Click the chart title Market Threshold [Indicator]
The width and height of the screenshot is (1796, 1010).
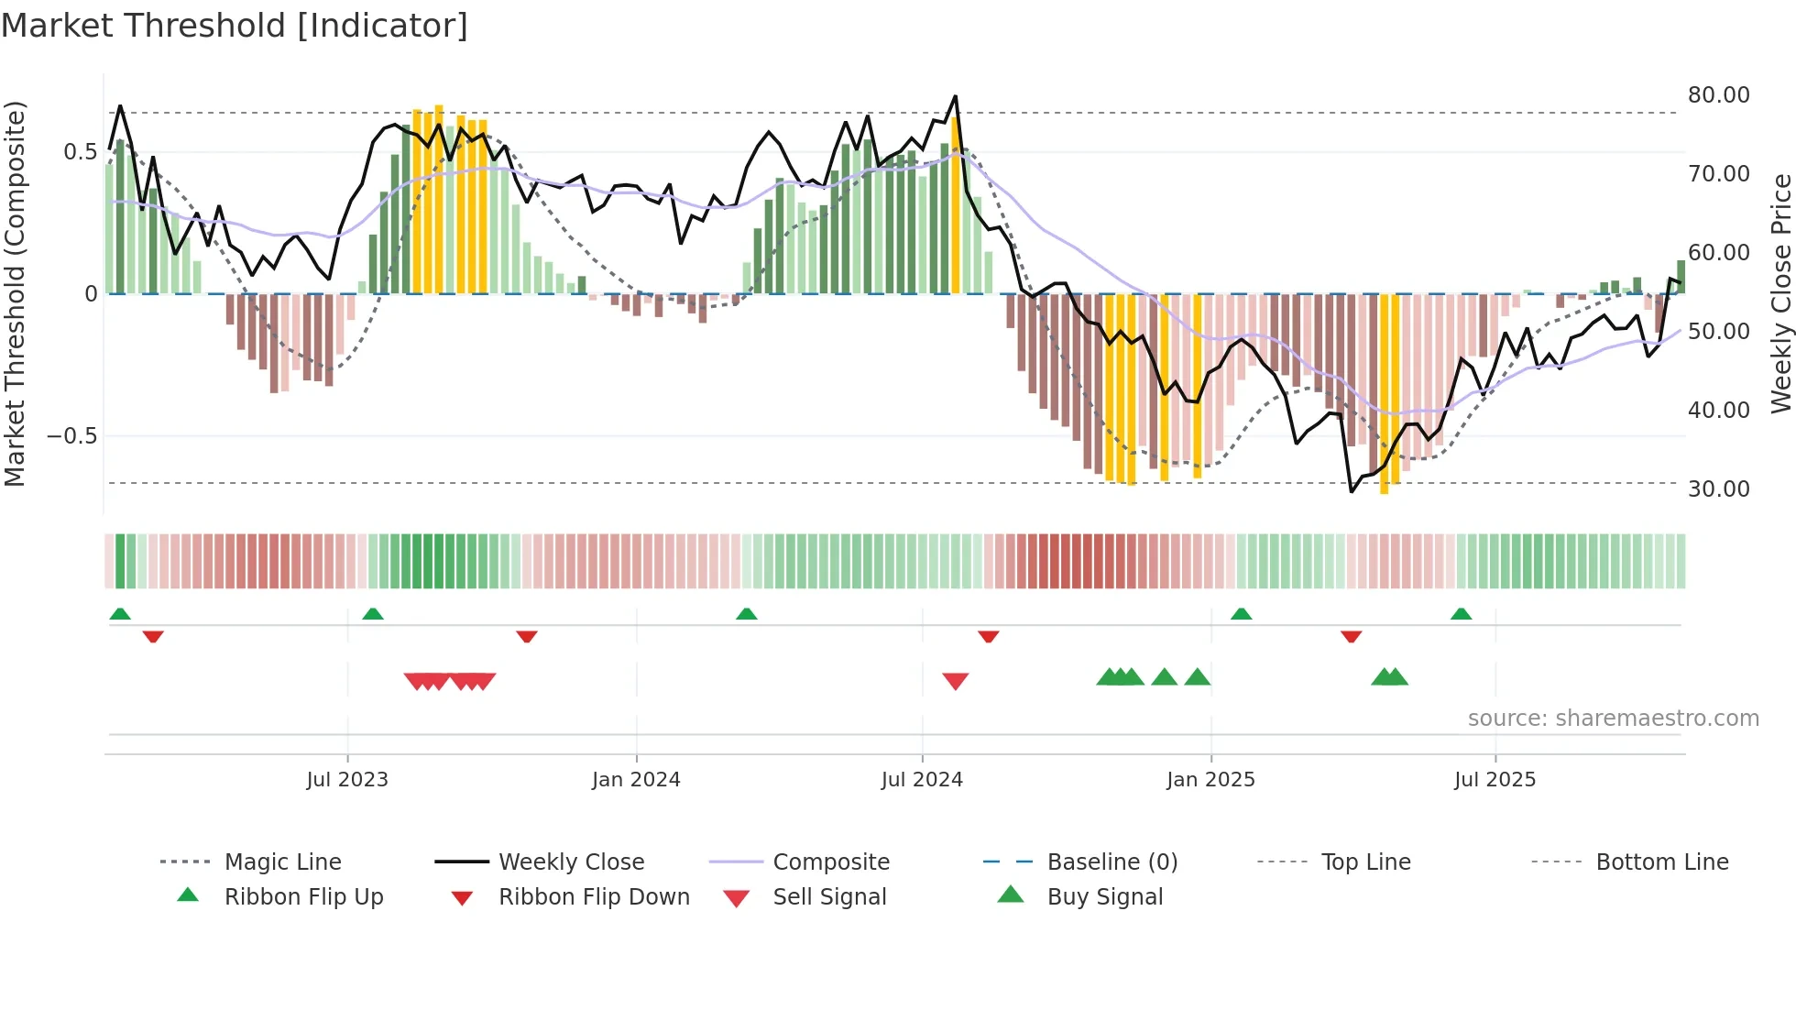[235, 26]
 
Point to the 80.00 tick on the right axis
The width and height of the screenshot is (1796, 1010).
[1718, 95]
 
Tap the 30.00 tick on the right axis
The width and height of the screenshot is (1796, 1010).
[1718, 489]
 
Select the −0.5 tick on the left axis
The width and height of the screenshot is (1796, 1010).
[72, 436]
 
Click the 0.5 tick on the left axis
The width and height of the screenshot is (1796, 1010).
[81, 152]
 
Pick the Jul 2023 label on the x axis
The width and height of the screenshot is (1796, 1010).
[347, 780]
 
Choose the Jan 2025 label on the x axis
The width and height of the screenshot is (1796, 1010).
[1210, 780]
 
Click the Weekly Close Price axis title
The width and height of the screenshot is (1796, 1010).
[1780, 293]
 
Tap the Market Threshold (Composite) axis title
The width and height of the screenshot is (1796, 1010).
[15, 293]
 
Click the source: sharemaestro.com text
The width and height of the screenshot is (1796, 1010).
[1613, 719]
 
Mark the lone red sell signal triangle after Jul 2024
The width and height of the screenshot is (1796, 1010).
[955, 681]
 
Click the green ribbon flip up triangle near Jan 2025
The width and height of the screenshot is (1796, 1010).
[1241, 614]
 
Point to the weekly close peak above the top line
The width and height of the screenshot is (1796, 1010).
[955, 96]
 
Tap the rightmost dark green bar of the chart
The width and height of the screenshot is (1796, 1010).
[1681, 277]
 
